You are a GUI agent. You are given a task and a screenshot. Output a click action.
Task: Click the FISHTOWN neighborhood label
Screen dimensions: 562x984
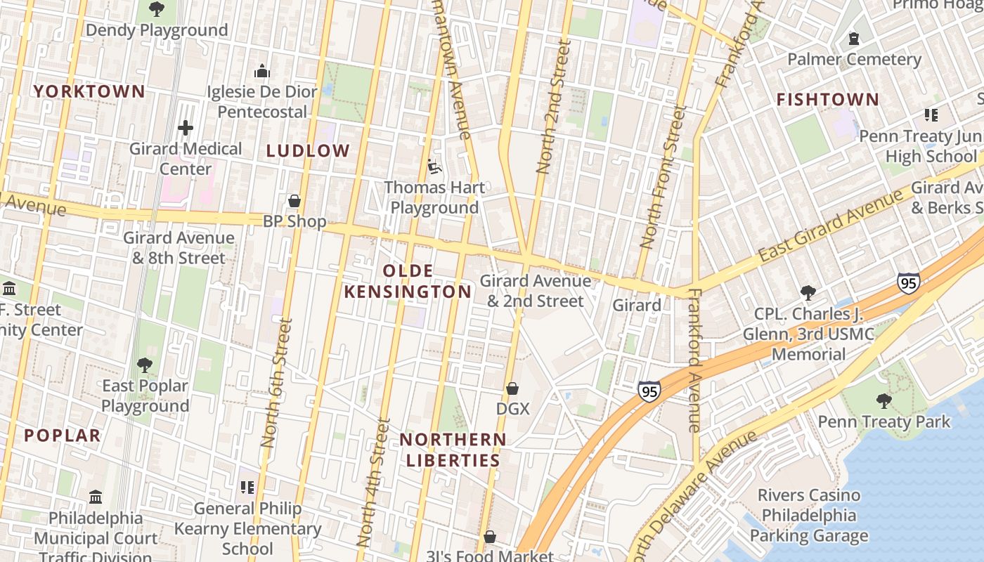827,100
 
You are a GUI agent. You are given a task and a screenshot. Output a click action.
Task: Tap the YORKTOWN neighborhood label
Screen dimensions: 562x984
89,91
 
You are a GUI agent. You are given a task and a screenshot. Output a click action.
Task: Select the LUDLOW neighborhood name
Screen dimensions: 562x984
308,150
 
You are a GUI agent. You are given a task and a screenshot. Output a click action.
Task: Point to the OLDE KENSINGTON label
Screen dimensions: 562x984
408,281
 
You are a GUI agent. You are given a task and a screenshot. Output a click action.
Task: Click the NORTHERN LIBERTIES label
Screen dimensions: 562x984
453,450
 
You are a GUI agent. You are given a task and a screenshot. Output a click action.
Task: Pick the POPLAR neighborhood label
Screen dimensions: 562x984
63,436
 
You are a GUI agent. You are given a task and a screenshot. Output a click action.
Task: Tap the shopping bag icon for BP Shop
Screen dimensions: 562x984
294,201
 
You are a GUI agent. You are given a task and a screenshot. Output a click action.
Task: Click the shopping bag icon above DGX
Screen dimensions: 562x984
512,388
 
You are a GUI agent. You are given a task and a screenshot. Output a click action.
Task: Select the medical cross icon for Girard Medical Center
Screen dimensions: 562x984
186,128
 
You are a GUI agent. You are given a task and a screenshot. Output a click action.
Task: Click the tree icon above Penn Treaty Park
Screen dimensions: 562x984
883,401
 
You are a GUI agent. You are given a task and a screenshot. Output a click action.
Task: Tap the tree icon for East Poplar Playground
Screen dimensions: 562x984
145,365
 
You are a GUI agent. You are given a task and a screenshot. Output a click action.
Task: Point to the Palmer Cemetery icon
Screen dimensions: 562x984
854,39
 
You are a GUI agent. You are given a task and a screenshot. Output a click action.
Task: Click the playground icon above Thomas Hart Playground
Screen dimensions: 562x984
434,167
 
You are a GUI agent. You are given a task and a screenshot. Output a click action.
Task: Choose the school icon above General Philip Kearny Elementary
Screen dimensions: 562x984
247,487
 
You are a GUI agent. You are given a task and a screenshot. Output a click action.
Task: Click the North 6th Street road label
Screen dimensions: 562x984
276,383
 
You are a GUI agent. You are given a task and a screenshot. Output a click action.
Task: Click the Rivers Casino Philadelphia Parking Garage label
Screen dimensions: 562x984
808,516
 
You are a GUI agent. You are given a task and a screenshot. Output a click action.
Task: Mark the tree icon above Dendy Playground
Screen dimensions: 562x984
157,9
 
